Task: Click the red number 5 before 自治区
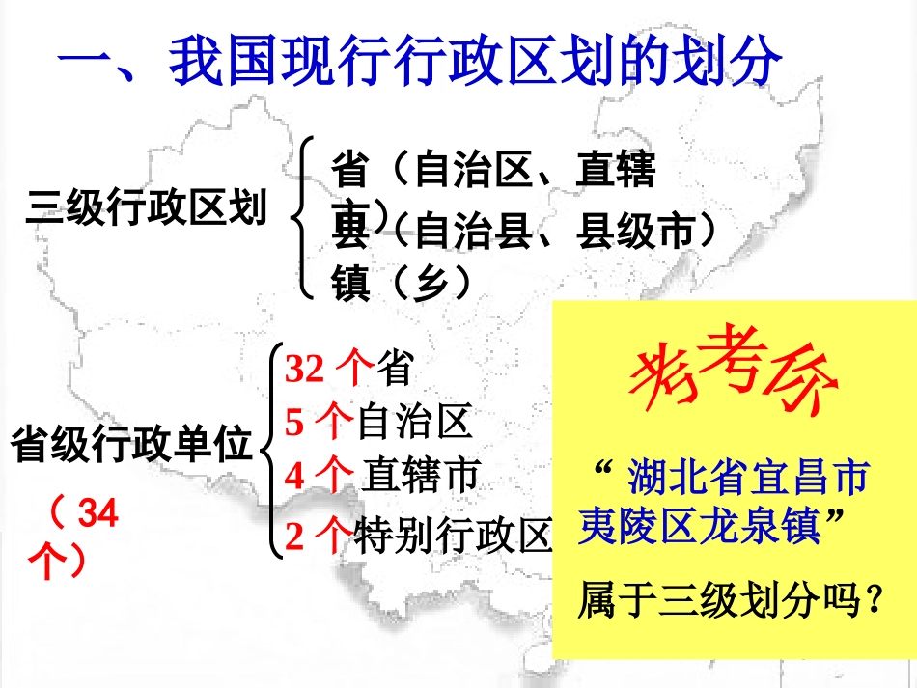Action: click(x=295, y=422)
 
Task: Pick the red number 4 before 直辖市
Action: click(x=295, y=475)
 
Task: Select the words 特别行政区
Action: click(x=454, y=536)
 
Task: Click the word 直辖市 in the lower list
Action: click(x=421, y=475)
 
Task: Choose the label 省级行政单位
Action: click(x=131, y=446)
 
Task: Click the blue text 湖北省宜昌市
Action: click(x=748, y=477)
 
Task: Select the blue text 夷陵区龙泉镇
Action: click(x=699, y=527)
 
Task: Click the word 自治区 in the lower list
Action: click(x=414, y=422)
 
